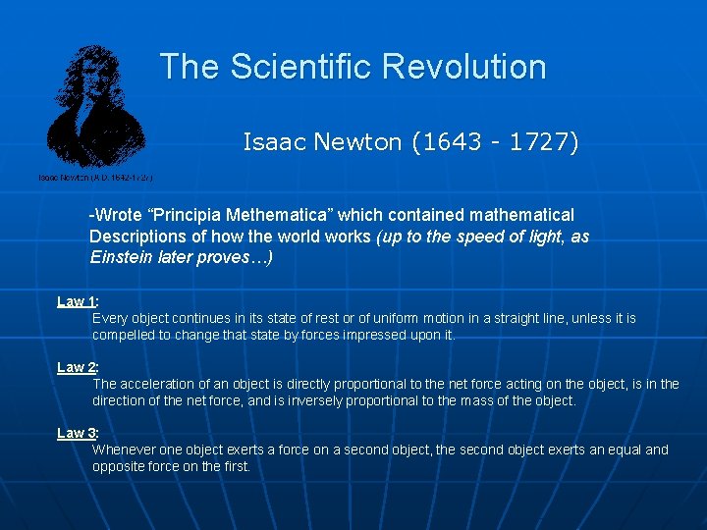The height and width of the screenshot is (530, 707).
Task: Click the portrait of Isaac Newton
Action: click(96, 108)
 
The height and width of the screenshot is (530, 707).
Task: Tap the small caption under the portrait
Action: click(95, 178)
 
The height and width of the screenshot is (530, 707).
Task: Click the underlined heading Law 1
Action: click(76, 301)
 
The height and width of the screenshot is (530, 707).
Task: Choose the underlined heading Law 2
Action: click(76, 367)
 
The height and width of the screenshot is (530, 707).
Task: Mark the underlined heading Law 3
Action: click(76, 433)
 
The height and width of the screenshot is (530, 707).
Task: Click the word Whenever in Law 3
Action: click(124, 450)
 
